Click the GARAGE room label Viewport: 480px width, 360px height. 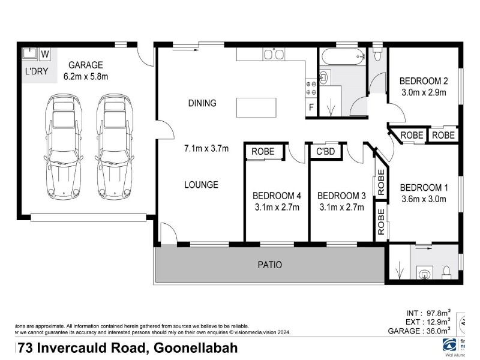[86, 65]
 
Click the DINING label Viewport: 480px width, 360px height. [202, 103]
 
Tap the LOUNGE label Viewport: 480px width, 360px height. [201, 185]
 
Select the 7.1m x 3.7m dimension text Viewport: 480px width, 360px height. [206, 149]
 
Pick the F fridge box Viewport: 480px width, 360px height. [311, 108]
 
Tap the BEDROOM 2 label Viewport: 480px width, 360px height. [424, 81]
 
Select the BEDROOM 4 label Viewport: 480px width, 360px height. [277, 196]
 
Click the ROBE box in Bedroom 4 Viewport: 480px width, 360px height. [263, 152]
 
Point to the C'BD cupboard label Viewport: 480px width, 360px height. [325, 152]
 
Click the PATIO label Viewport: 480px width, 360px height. [269, 265]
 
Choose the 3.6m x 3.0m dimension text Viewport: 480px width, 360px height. [424, 200]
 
